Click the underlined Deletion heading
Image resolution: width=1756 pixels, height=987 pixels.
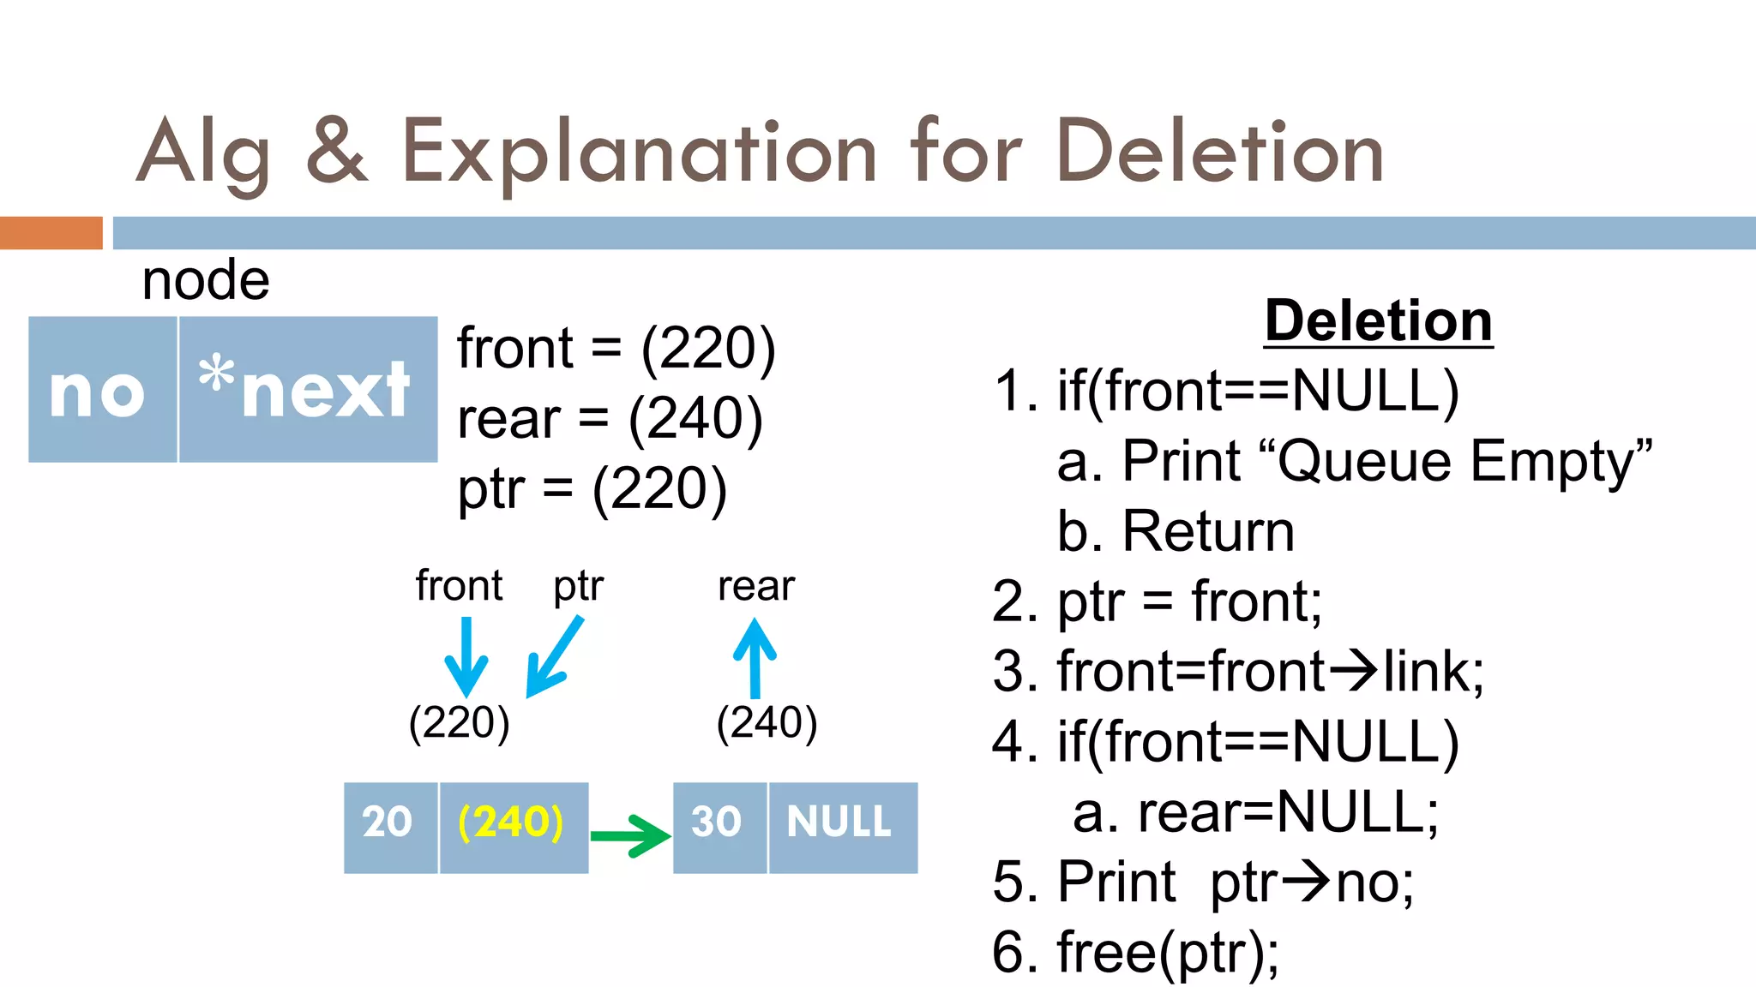coord(1378,322)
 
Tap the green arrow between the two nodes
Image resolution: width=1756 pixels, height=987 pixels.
coord(630,835)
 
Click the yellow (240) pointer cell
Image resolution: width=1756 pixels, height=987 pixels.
coord(513,827)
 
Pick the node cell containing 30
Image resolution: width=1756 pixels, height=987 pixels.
coord(719,827)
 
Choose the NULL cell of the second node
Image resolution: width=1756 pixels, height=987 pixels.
coord(842,827)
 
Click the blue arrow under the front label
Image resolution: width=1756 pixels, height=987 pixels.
coord(466,657)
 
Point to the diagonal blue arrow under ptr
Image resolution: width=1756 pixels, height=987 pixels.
coord(553,658)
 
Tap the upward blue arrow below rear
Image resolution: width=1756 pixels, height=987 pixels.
coord(755,658)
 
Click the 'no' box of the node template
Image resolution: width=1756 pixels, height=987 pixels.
coord(101,390)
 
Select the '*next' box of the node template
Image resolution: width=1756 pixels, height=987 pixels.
coord(307,390)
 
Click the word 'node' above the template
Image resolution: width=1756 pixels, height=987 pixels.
coord(206,281)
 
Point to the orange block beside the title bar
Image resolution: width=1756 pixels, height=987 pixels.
coord(51,233)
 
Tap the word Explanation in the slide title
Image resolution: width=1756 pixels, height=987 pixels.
coord(639,153)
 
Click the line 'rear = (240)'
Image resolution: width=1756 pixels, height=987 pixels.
coord(610,419)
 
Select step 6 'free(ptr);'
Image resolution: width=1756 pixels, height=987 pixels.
coord(1136,952)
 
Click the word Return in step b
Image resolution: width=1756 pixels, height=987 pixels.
coord(1208,532)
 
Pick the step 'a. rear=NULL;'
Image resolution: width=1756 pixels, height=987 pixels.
coord(1255,812)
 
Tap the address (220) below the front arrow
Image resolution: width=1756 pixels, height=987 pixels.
coord(460,722)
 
